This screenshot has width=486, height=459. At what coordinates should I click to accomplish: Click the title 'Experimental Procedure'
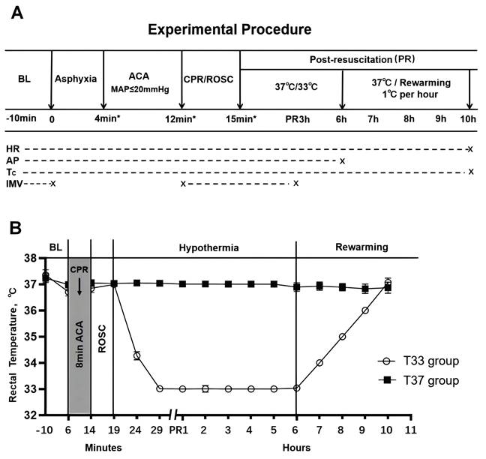(229, 30)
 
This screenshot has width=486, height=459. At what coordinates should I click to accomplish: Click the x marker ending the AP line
(342, 160)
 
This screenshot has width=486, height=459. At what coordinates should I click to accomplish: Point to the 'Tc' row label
(11, 172)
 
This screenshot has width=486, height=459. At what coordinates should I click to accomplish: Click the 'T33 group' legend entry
(428, 361)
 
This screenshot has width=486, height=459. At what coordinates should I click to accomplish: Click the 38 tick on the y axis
(31, 258)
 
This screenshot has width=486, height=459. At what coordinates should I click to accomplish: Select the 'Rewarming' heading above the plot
(361, 247)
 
